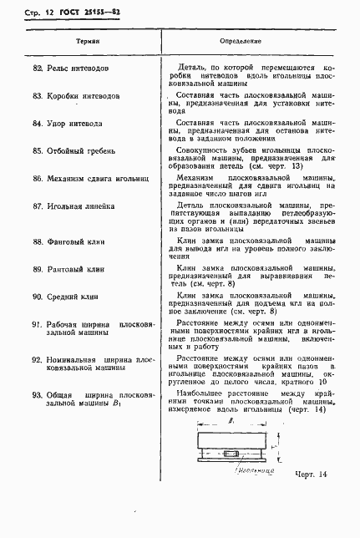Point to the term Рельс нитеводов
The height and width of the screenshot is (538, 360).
tap(77, 66)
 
